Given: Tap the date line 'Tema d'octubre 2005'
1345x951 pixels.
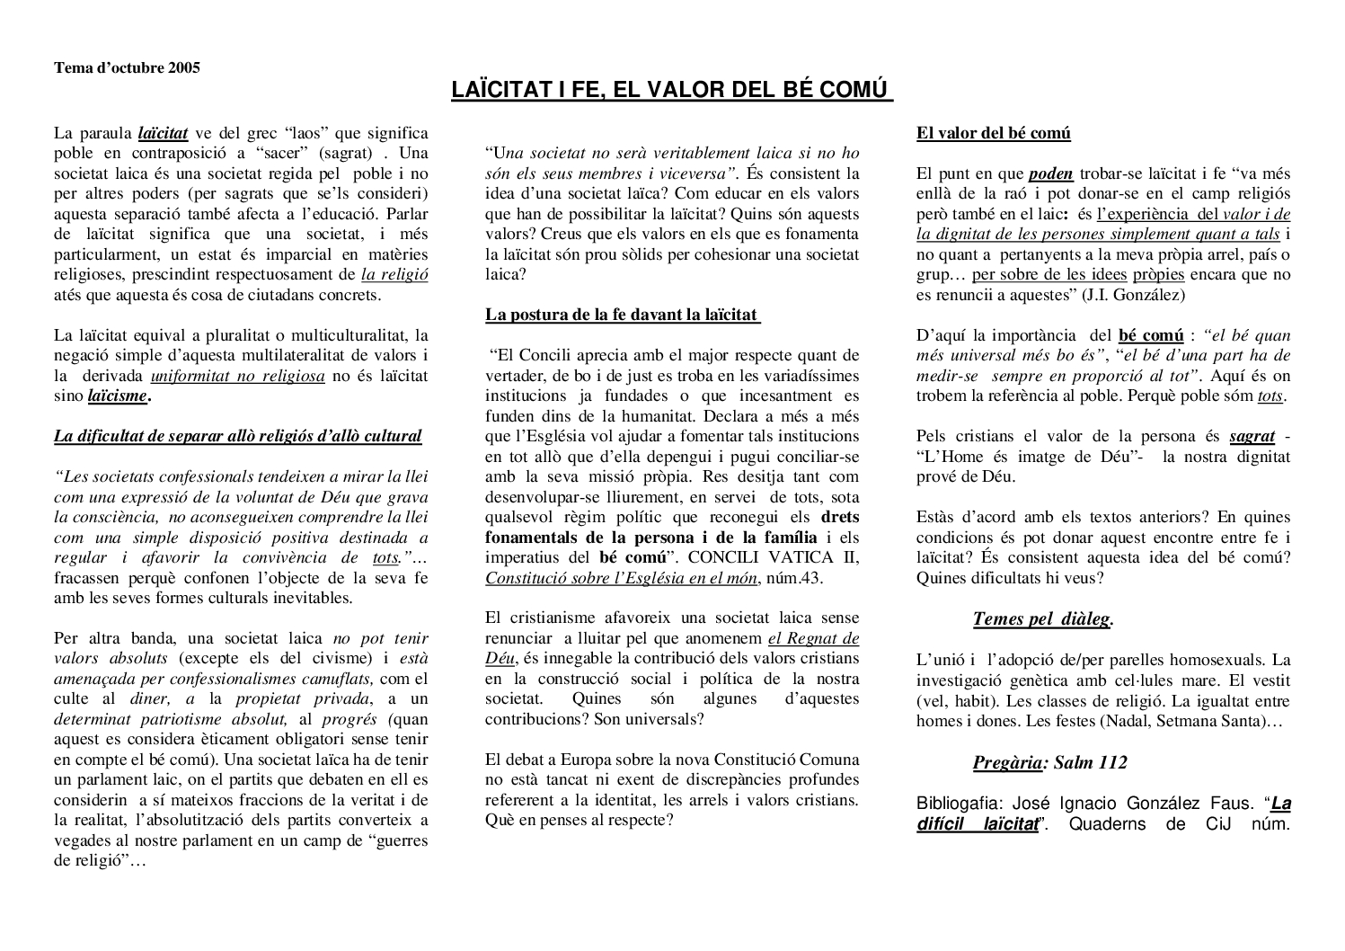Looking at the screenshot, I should (x=127, y=67).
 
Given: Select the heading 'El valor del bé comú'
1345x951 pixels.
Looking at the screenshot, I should (x=993, y=133).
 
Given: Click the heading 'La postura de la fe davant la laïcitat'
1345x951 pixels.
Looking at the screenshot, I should (x=622, y=315).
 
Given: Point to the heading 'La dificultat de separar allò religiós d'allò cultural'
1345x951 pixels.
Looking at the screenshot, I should (x=237, y=436).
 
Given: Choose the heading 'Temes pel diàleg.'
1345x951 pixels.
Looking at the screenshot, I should (x=1043, y=619).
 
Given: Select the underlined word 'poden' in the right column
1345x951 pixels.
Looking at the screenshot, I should (x=1050, y=173).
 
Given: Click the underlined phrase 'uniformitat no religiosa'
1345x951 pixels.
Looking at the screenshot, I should (x=237, y=376).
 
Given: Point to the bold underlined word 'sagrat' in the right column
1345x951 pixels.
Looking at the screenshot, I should (x=1252, y=436).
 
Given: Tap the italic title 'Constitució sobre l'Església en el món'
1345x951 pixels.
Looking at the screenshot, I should (x=621, y=578).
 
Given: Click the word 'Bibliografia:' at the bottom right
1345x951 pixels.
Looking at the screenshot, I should (x=956, y=804).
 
